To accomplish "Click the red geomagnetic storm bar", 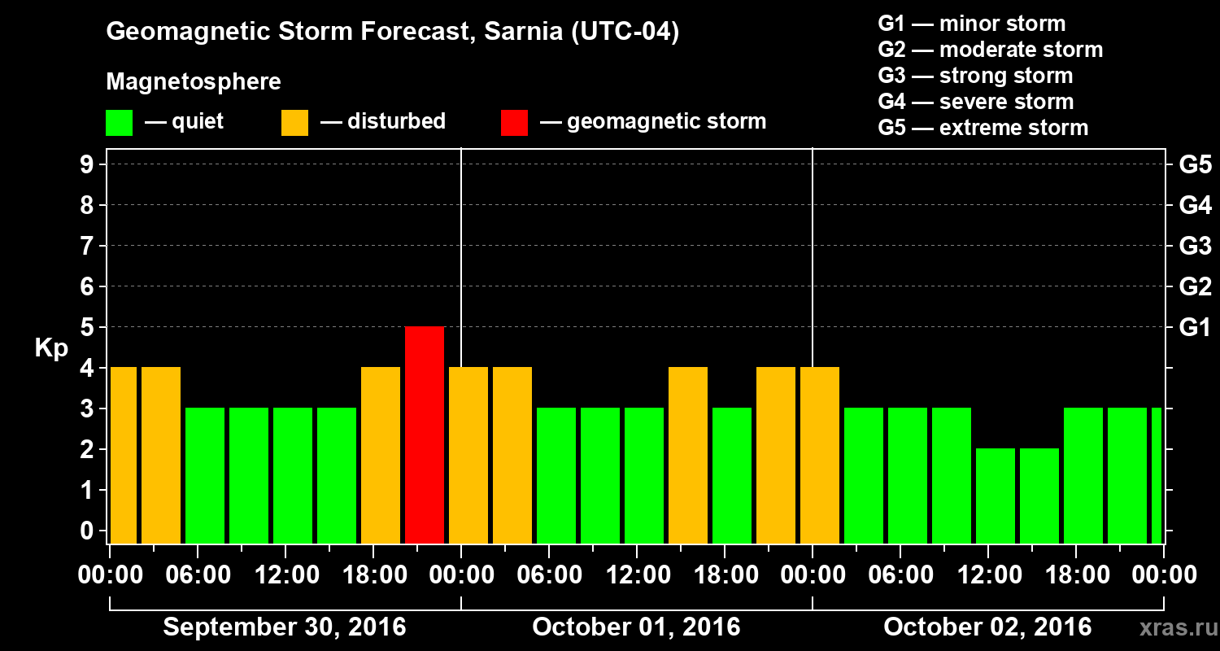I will pyautogui.click(x=425, y=435).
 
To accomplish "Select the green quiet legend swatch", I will pyautogui.click(x=119, y=123).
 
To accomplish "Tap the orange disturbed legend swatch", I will pyautogui.click(x=294, y=123).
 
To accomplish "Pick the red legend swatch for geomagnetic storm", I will pyautogui.click(x=514, y=123).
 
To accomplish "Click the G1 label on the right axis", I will pyautogui.click(x=1195, y=328).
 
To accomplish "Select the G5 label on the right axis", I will pyautogui.click(x=1195, y=165).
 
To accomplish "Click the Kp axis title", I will pyautogui.click(x=50, y=348).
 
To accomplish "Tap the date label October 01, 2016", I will pyautogui.click(x=636, y=627).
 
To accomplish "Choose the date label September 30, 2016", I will pyautogui.click(x=285, y=627).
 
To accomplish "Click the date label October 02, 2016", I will pyautogui.click(x=987, y=627).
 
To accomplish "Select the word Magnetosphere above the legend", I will pyautogui.click(x=194, y=82).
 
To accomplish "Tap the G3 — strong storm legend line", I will pyautogui.click(x=975, y=76).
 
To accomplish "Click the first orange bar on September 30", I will pyautogui.click(x=124, y=455).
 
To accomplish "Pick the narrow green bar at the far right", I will pyautogui.click(x=1157, y=475).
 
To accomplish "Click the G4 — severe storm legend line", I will pyautogui.click(x=976, y=102).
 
